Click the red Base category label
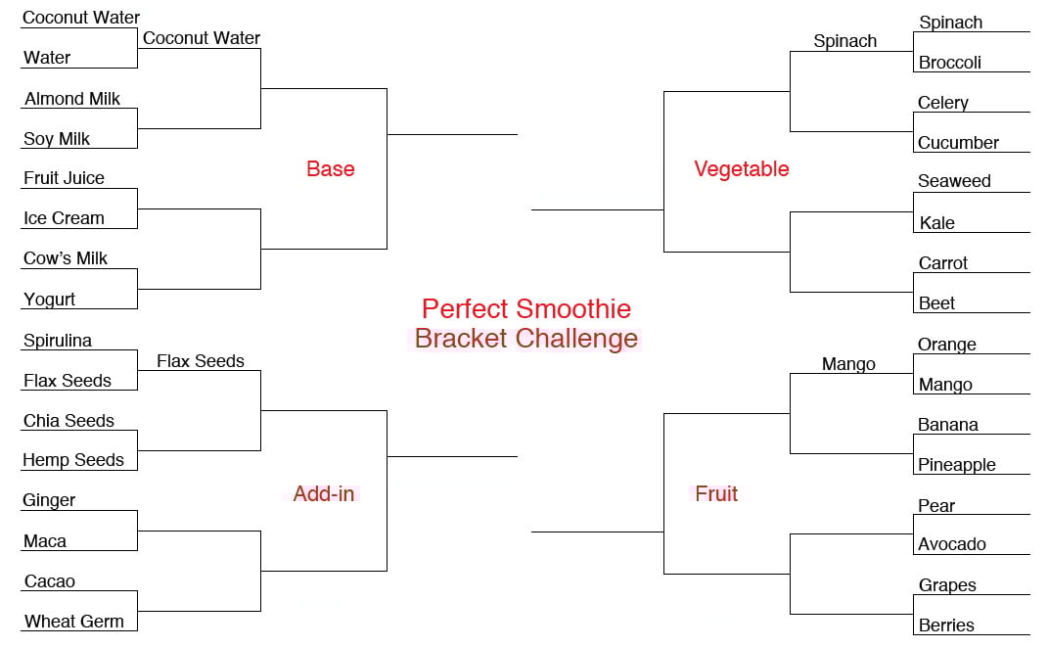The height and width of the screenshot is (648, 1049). [x=331, y=168]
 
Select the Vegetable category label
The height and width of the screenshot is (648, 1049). [x=742, y=168]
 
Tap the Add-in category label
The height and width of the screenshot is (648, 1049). [x=324, y=493]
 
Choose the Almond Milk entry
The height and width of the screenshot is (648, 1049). [x=72, y=99]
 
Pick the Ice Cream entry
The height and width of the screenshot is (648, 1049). [x=65, y=218]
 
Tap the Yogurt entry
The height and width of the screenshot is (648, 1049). [x=50, y=300]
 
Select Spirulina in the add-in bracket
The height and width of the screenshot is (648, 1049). [x=58, y=340]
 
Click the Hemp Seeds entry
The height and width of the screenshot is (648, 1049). [x=73, y=460]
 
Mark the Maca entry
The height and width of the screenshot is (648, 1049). [x=45, y=541]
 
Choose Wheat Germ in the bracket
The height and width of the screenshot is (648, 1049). [x=74, y=622]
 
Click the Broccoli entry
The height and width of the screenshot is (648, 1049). [x=950, y=63]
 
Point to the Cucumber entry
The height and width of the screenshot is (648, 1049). [x=958, y=143]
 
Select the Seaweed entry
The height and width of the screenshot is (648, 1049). [x=954, y=181]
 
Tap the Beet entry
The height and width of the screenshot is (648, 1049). [x=936, y=303]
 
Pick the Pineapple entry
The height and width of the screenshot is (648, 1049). [x=957, y=465]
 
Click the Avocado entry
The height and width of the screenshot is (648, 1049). [x=952, y=544]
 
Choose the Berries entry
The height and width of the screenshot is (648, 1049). [x=946, y=625]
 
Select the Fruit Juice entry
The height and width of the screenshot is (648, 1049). [x=65, y=178]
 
